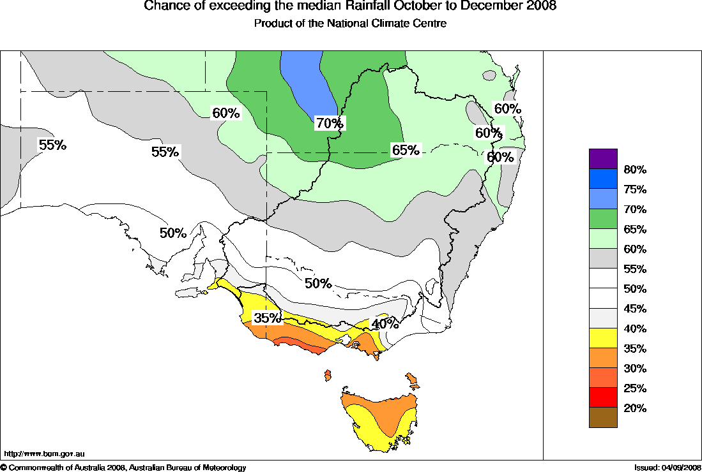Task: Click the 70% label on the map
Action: coord(330,123)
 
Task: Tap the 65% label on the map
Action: coord(406,150)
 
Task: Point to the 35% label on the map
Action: coord(266,317)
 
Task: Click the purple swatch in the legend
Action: coord(603,159)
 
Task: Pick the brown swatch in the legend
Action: coord(603,417)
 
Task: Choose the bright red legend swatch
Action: coord(603,397)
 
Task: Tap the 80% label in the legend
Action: coord(635,170)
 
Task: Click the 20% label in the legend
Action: coord(635,408)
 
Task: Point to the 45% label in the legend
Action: coord(635,309)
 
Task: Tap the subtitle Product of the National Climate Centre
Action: coord(350,24)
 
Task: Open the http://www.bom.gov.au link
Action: coord(45,454)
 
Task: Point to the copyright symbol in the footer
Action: coord(4,468)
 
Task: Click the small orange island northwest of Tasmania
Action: coord(328,374)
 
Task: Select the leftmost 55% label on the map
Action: coord(52,145)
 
